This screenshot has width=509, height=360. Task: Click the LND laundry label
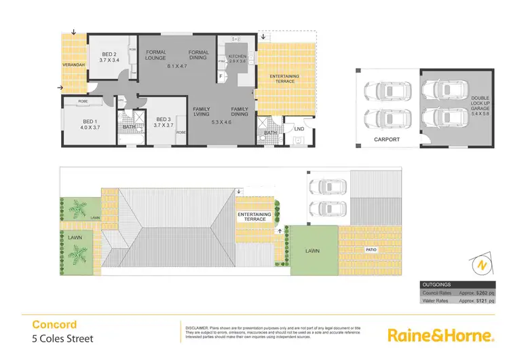(299, 128)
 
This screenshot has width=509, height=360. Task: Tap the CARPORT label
(387, 140)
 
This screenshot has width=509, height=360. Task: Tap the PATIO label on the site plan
(370, 249)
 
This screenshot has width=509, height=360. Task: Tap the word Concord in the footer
(55, 325)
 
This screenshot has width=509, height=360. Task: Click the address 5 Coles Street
(63, 338)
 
